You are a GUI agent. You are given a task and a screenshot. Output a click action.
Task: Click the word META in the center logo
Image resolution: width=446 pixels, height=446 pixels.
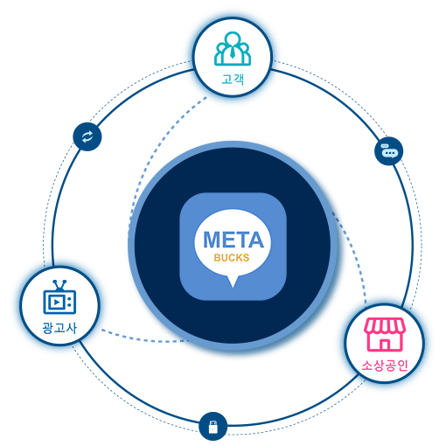point(233,240)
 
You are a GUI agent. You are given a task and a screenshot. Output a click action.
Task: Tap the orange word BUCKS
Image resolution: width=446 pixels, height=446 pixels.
point(232,258)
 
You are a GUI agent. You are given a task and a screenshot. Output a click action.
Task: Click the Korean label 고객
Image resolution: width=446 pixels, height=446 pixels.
point(233,79)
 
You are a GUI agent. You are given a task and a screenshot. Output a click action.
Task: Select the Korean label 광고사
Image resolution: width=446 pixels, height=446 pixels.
point(59,328)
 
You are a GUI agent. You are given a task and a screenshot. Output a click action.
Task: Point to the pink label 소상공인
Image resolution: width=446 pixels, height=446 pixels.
point(385,366)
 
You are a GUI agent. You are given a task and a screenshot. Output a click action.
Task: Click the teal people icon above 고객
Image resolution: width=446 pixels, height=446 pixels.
point(233,48)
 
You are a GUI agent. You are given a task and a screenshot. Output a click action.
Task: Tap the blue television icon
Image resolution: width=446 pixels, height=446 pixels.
point(59,297)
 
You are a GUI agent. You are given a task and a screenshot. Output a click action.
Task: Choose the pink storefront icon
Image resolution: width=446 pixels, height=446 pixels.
point(385,334)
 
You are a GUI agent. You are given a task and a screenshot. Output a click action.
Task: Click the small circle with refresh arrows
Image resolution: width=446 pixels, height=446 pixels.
point(87,136)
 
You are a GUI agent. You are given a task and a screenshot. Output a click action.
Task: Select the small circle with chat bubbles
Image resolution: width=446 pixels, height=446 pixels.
point(389,151)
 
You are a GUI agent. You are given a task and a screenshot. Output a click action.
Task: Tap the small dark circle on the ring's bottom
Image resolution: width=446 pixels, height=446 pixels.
point(213,426)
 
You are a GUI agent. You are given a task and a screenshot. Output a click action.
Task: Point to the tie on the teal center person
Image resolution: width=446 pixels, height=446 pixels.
point(233,52)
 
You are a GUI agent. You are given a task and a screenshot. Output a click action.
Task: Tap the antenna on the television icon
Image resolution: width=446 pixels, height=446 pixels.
point(59,285)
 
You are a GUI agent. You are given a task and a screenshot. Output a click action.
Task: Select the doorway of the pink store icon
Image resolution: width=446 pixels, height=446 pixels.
point(385,345)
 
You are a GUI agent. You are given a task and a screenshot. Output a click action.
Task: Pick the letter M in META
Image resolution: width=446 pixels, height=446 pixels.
point(212,240)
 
